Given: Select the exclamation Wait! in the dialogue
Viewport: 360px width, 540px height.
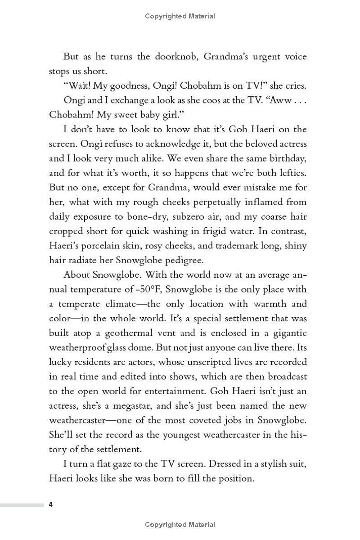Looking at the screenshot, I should tap(80, 86).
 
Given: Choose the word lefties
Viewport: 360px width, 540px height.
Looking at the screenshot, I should tap(291, 173).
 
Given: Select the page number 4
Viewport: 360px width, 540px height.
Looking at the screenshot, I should tap(51, 505).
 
